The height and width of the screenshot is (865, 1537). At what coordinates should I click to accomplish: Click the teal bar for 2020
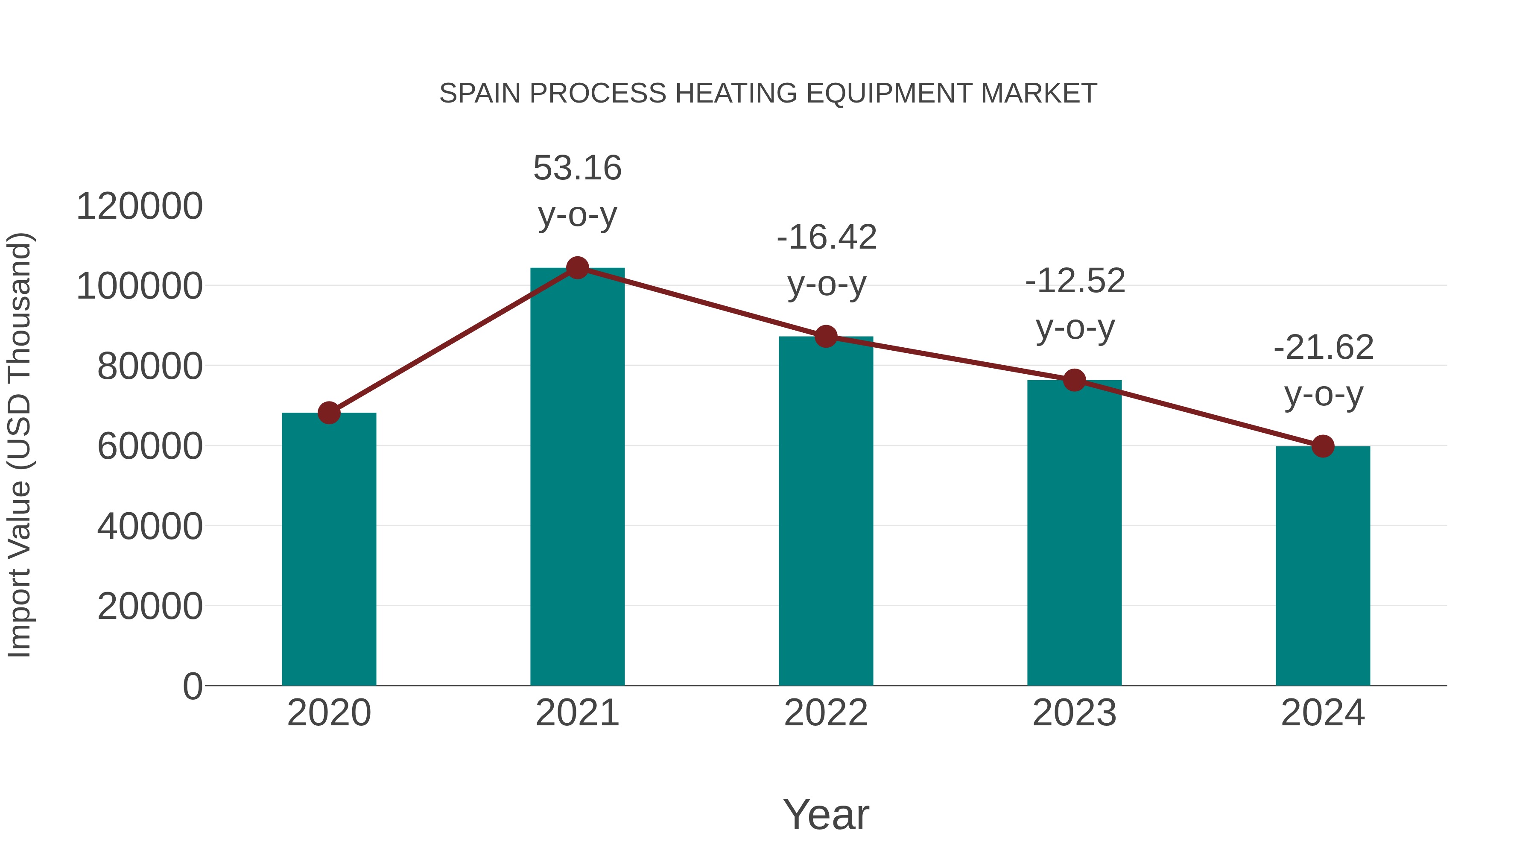(x=329, y=549)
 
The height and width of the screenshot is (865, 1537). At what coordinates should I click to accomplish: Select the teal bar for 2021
(x=577, y=478)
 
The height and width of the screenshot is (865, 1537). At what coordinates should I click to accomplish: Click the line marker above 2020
(x=329, y=413)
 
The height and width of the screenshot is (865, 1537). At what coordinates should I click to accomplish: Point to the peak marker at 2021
(x=577, y=268)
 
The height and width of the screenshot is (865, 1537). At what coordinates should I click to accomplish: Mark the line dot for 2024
(x=1323, y=446)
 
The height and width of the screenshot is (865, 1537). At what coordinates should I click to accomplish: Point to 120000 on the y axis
(x=140, y=207)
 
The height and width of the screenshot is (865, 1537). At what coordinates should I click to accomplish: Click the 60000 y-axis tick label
(x=150, y=446)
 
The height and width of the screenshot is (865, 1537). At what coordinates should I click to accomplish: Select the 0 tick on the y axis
(x=192, y=686)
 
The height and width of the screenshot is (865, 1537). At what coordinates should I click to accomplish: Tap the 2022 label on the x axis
(x=826, y=713)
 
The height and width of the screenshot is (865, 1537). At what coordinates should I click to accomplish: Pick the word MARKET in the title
(x=1038, y=94)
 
